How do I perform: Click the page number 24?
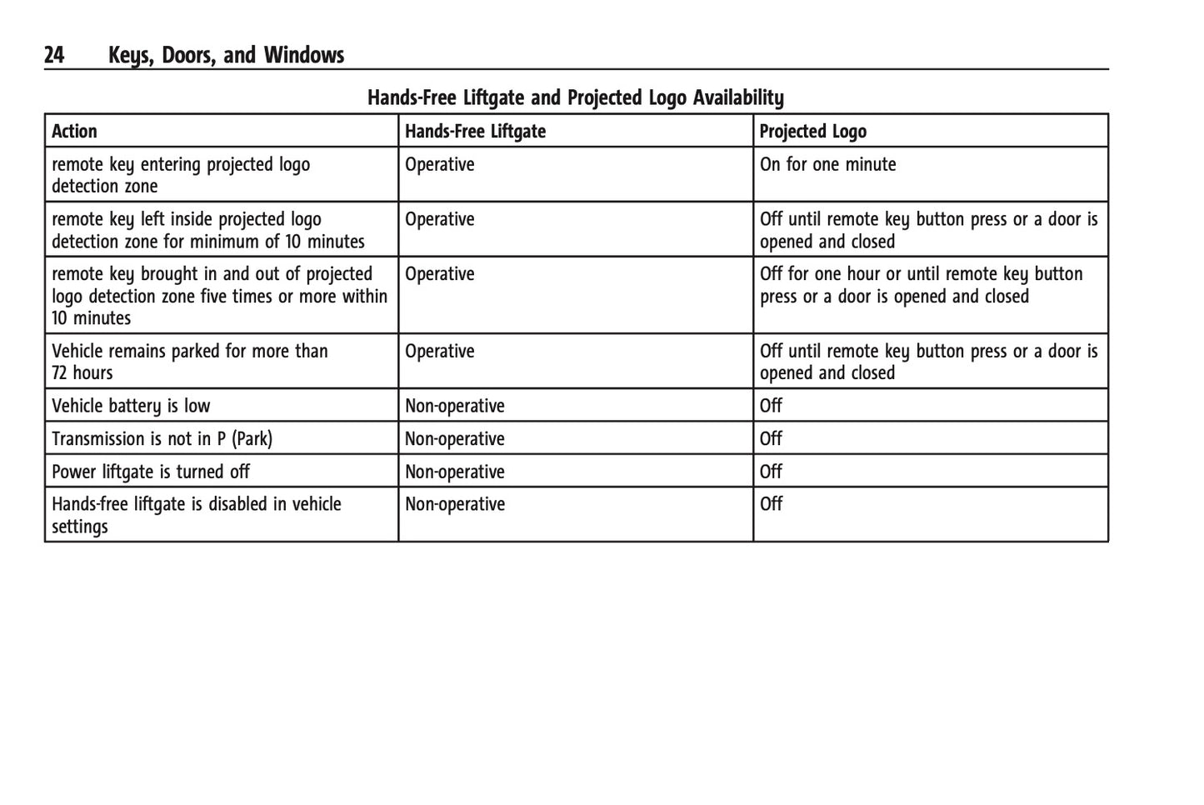pos(54,56)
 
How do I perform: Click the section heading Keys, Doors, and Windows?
pos(226,56)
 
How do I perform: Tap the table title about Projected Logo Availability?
pos(575,98)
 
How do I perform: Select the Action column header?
pos(74,132)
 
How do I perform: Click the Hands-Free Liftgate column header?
pos(475,132)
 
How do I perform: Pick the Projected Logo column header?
pos(812,132)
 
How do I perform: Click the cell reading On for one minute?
pos(827,165)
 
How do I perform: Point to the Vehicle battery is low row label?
pos(131,406)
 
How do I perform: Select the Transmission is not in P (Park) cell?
pos(162,439)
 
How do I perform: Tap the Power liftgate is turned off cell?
pos(151,472)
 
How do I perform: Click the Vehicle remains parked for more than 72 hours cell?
pos(189,362)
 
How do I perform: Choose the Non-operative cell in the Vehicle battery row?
pos(455,406)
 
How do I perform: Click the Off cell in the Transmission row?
pos(771,439)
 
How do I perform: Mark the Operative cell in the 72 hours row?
pos(439,352)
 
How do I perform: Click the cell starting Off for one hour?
pos(921,285)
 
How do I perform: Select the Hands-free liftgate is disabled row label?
pos(196,515)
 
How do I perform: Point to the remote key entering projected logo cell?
pos(180,175)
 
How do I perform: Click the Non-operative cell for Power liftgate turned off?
pos(455,472)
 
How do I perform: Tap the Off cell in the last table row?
pos(771,504)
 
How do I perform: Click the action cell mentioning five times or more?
pos(219,296)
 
